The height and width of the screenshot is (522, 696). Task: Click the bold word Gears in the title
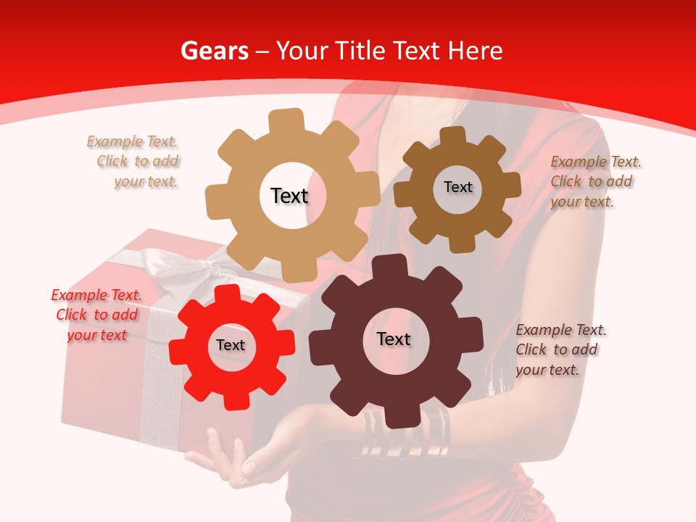pos(214,51)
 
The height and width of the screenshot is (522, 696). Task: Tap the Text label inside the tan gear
pos(289,196)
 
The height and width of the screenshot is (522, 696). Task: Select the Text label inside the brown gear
pos(457,187)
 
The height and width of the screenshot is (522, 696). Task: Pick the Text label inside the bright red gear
pos(231,345)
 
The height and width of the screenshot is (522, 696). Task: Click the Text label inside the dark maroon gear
pos(394,339)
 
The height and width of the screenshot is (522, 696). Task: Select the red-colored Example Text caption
pos(96,315)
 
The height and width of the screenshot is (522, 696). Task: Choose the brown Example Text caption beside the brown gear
pos(594,181)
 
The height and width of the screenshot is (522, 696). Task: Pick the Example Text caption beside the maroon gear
pos(560,349)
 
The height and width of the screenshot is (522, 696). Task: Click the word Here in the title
pos(475,51)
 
